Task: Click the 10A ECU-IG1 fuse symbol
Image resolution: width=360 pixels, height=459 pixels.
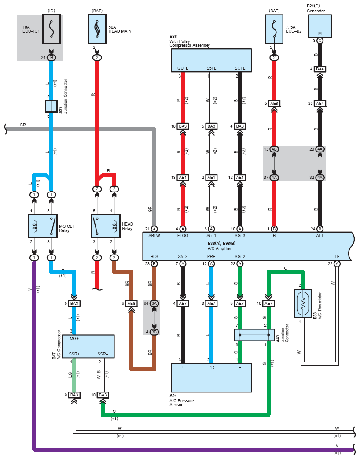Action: click(x=51, y=29)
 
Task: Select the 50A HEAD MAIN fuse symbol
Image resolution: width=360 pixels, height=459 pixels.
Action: click(x=97, y=29)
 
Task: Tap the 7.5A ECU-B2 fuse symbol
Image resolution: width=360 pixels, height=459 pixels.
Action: click(x=275, y=29)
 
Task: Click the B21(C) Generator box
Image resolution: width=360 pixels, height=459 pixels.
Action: click(x=320, y=26)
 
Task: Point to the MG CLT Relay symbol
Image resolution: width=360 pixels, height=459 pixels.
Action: click(x=42, y=227)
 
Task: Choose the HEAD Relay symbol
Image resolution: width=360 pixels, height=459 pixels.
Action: click(x=106, y=227)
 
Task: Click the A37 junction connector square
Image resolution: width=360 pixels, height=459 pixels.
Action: click(x=51, y=106)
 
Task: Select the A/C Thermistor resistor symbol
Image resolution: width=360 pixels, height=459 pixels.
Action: click(x=302, y=304)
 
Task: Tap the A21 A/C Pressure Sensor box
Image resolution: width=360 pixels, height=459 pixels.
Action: click(x=211, y=378)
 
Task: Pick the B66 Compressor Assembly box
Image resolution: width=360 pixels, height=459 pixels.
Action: click(x=211, y=60)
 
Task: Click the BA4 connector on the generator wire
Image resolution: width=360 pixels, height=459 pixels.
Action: click(x=320, y=69)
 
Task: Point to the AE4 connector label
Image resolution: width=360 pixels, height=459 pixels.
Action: click(x=320, y=104)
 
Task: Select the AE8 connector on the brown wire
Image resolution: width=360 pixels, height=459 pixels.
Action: click(x=131, y=304)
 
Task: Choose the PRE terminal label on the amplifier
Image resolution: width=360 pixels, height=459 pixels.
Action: click(x=212, y=256)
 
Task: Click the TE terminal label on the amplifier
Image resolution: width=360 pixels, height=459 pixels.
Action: click(x=337, y=256)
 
